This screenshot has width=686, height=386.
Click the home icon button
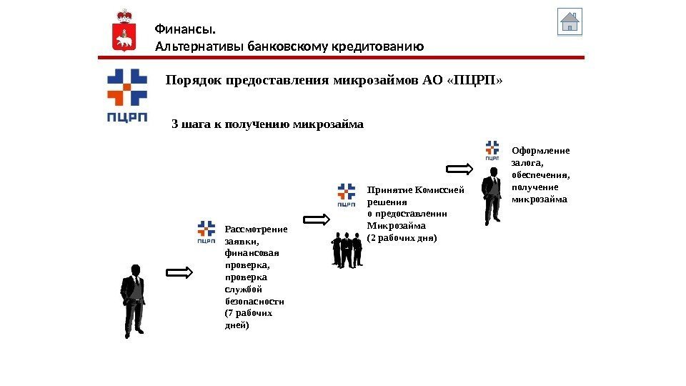pos(570,22)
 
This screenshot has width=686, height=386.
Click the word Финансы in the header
pos(185,29)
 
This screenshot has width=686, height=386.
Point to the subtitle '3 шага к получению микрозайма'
pos(268,124)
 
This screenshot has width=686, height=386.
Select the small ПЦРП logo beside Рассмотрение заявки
pos(206,232)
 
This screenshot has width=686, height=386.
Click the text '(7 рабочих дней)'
pos(248,319)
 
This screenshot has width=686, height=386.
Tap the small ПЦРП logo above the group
pos(346,195)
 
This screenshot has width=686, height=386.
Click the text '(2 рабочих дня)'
pos(401,237)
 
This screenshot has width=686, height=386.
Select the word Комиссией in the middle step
pos(443,190)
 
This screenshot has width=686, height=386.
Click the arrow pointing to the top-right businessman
pos(459,169)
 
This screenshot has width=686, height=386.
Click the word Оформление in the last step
pos(541,151)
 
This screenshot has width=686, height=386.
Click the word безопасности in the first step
pos(254,301)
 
